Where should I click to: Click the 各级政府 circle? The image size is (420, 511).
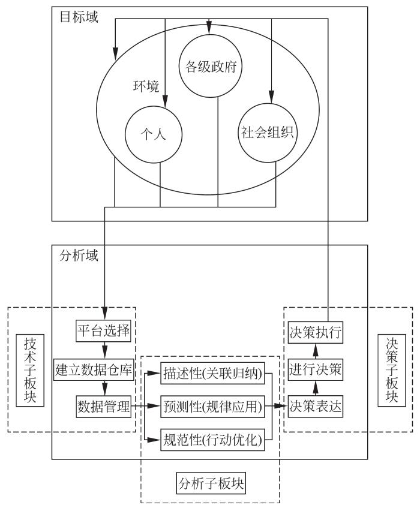[x=209, y=67]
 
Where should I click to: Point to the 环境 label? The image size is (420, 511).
[x=146, y=85]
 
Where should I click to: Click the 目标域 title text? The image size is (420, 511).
[x=78, y=17]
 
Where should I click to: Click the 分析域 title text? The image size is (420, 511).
[x=78, y=254]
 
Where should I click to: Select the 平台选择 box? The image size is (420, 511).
[x=103, y=330]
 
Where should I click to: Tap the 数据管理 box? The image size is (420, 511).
[x=103, y=407]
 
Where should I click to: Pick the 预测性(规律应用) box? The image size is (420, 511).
[x=212, y=407]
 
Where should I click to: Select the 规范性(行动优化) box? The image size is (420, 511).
[x=212, y=440]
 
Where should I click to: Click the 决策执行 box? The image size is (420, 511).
[x=316, y=332]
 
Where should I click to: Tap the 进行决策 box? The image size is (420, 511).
[x=316, y=369]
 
